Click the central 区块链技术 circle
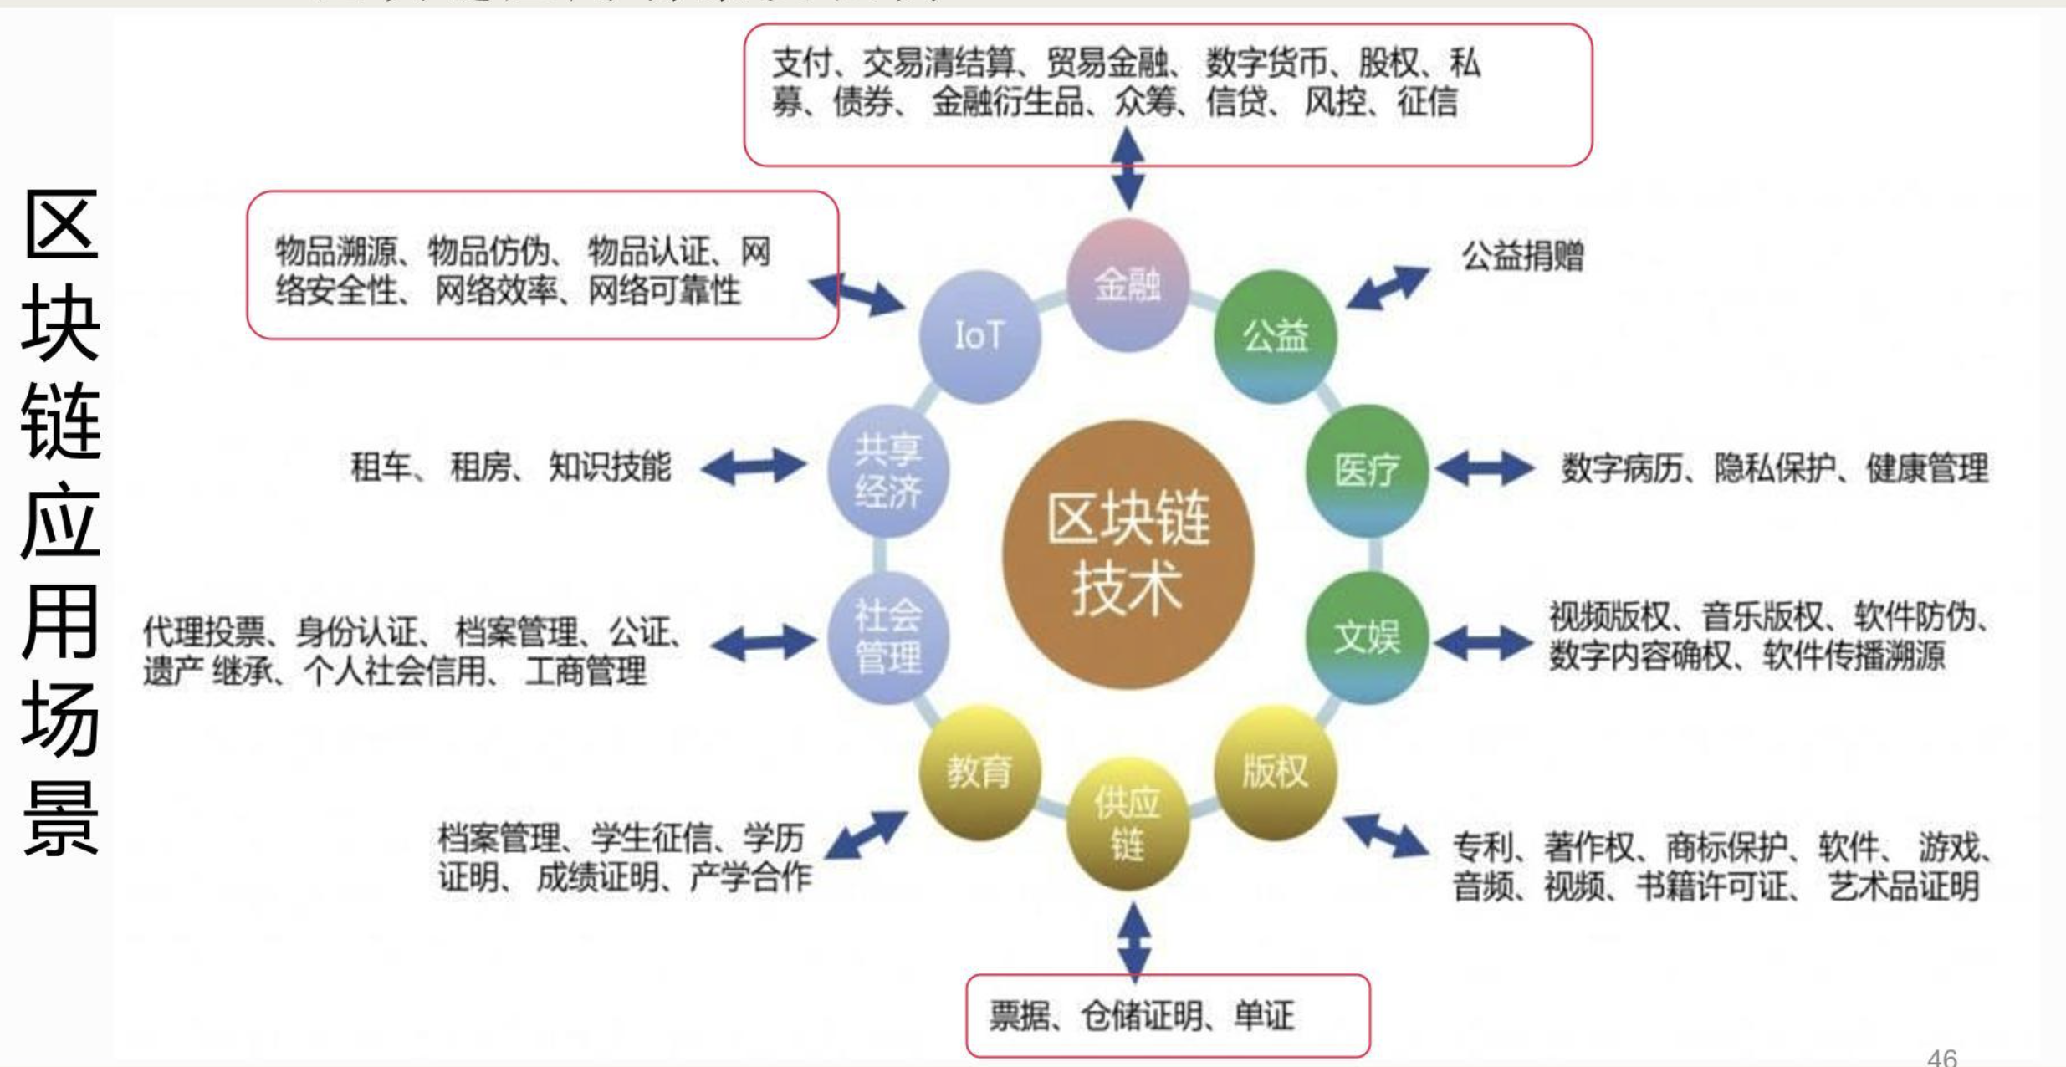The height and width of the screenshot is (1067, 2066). click(x=1128, y=554)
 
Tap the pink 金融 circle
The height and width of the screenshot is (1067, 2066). click(x=1128, y=284)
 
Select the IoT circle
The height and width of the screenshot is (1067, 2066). click(x=979, y=336)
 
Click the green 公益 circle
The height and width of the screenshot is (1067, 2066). click(x=1275, y=336)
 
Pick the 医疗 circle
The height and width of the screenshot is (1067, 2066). click(x=1366, y=470)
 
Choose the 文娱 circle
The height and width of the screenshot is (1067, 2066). click(x=1366, y=637)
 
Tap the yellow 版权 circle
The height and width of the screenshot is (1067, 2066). click(x=1275, y=771)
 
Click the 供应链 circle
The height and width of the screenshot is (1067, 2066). click(x=1128, y=823)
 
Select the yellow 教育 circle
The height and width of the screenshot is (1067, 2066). click(x=979, y=771)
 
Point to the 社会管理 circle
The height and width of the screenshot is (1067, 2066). click(x=888, y=637)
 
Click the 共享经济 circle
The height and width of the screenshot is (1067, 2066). click(x=888, y=470)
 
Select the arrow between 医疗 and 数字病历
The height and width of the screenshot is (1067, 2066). click(x=1485, y=468)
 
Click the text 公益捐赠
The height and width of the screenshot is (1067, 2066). click(x=1522, y=256)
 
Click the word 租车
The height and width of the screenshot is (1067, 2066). click(x=381, y=467)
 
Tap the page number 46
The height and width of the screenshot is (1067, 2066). click(x=1942, y=1057)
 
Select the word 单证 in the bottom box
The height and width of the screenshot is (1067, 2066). click(x=1264, y=1016)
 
